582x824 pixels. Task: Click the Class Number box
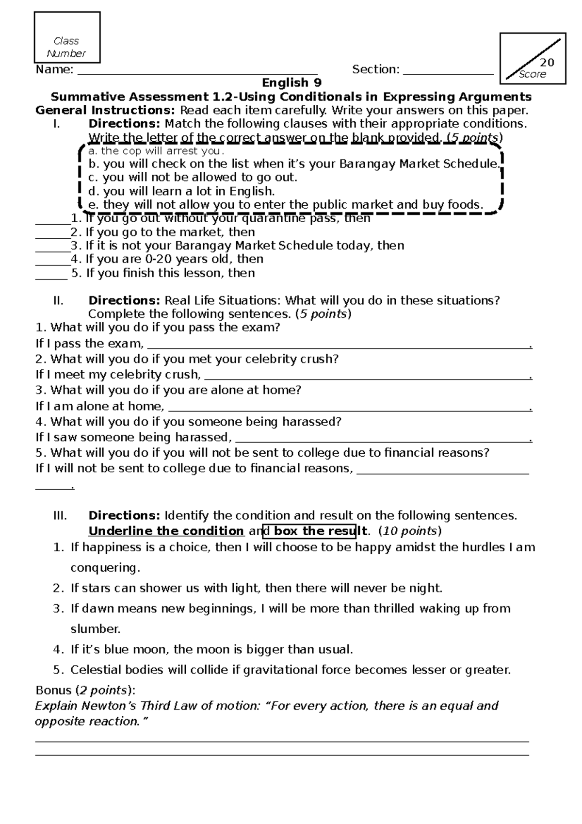(67, 38)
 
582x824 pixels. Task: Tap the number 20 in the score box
(547, 63)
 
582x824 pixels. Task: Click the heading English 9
(291, 83)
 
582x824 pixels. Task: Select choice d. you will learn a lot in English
(182, 191)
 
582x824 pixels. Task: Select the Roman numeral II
(59, 300)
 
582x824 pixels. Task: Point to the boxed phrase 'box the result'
(314, 531)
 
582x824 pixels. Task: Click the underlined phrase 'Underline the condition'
(166, 531)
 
